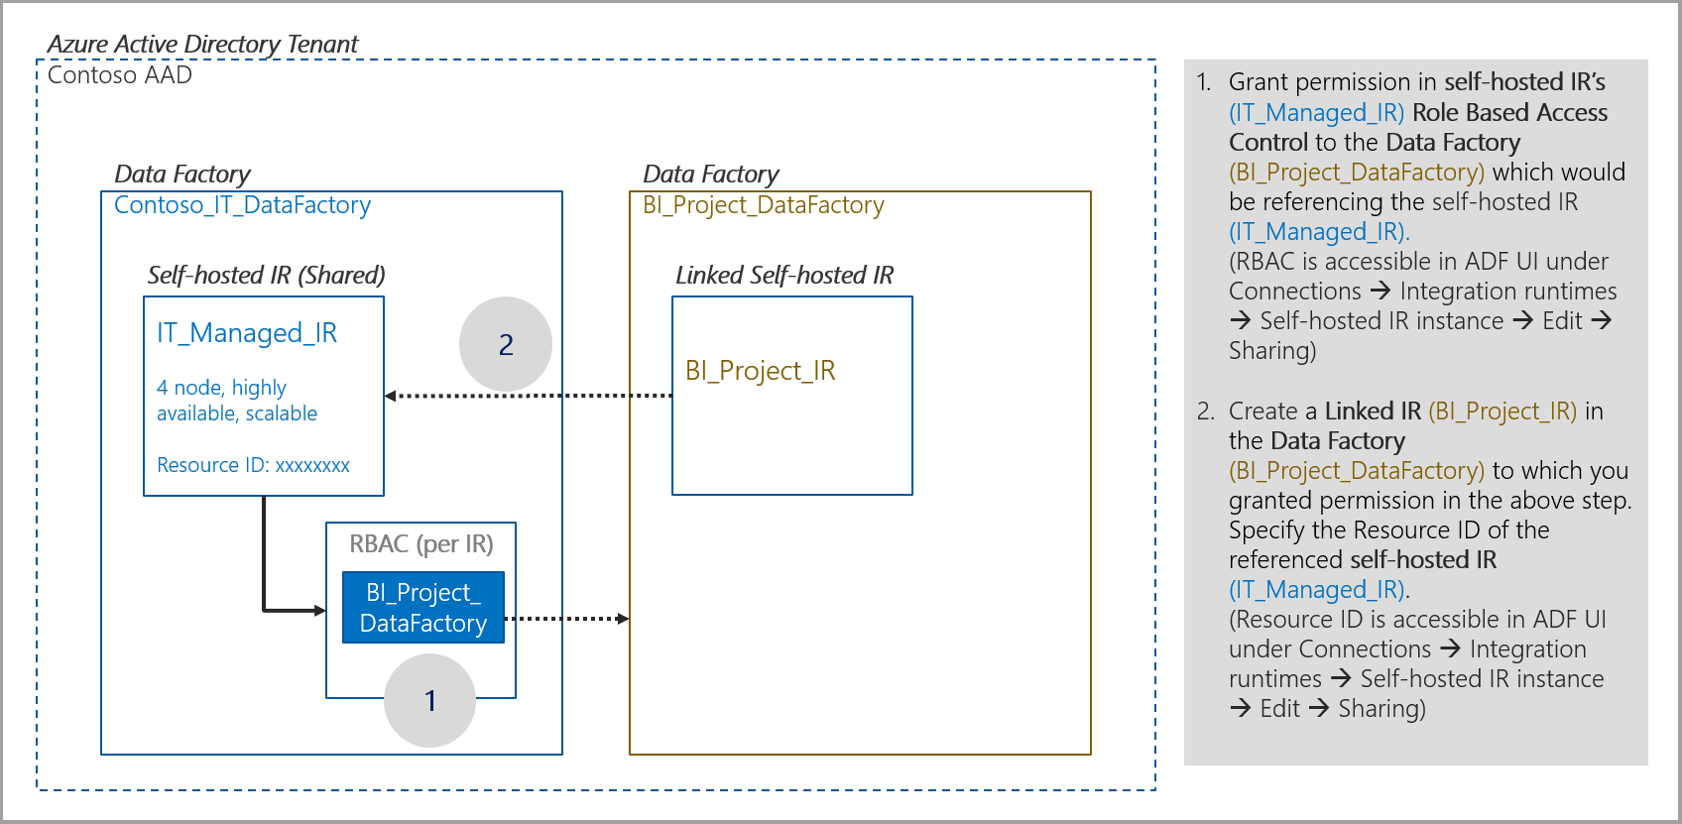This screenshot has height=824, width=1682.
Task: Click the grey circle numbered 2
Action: pos(506,344)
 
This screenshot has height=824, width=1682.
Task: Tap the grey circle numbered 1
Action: pos(429,701)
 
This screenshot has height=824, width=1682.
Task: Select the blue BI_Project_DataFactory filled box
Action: pos(423,608)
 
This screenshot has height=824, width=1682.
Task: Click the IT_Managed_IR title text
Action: pos(247,333)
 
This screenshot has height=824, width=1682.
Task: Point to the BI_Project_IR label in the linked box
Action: pos(761,371)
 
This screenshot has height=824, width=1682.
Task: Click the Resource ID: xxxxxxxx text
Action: pos(253,465)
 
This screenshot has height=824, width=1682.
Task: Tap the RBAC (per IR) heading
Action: pos(421,544)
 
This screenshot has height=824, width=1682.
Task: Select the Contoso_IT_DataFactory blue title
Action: pos(242,205)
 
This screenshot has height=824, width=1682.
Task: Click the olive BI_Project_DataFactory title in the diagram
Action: pos(763,205)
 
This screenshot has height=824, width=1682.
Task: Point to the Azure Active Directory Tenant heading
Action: pos(202,45)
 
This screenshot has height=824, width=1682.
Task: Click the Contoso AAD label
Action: pos(120,75)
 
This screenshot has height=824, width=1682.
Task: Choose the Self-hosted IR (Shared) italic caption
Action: pos(266,275)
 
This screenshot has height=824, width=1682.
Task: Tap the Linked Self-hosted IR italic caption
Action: pos(784,275)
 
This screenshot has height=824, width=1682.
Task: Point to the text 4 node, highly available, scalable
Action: pos(237,401)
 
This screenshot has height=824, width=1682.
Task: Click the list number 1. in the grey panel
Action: pos(1203,82)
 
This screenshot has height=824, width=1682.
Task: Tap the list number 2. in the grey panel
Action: pos(1205,412)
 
